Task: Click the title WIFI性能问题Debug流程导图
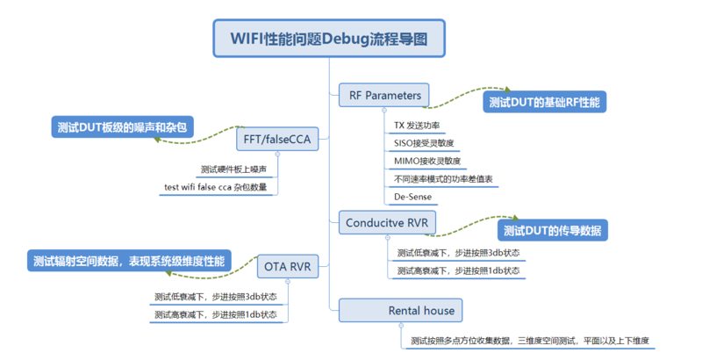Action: pyautogui.click(x=329, y=39)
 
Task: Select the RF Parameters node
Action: pyautogui.click(x=384, y=95)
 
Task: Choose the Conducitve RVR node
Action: pyautogui.click(x=388, y=223)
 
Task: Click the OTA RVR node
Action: pyautogui.click(x=287, y=265)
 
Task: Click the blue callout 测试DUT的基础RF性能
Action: pyautogui.click(x=544, y=103)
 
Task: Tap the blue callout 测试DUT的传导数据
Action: pyautogui.click(x=553, y=231)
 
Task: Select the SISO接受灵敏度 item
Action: pyautogui.click(x=424, y=143)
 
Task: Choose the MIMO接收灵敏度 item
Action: pyautogui.click(x=426, y=161)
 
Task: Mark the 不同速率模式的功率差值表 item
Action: pyautogui.click(x=443, y=179)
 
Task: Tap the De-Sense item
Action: pyautogui.click(x=412, y=197)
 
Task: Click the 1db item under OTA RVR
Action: pyautogui.click(x=215, y=313)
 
